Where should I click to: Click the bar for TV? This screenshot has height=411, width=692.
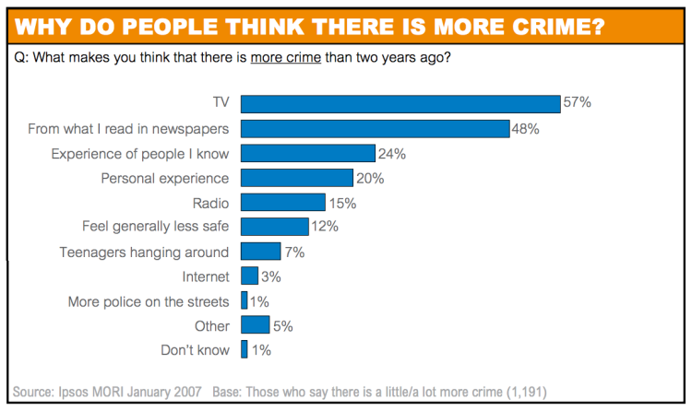click(x=400, y=103)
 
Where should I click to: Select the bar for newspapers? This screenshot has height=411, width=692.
click(x=375, y=128)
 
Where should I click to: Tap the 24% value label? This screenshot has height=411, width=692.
click(x=392, y=153)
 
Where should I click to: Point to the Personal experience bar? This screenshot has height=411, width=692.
click(x=296, y=178)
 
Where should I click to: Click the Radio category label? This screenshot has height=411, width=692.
click(x=210, y=202)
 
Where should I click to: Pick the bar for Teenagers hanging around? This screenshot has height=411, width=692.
click(x=260, y=252)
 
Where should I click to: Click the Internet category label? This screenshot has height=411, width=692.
click(x=205, y=276)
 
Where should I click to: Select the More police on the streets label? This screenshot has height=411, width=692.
click(x=149, y=300)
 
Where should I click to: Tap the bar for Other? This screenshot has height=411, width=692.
click(x=255, y=325)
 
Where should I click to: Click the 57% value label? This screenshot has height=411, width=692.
click(x=578, y=103)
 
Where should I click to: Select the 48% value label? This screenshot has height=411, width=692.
click(x=526, y=128)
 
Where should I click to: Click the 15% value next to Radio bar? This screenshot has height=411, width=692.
click(x=342, y=202)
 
